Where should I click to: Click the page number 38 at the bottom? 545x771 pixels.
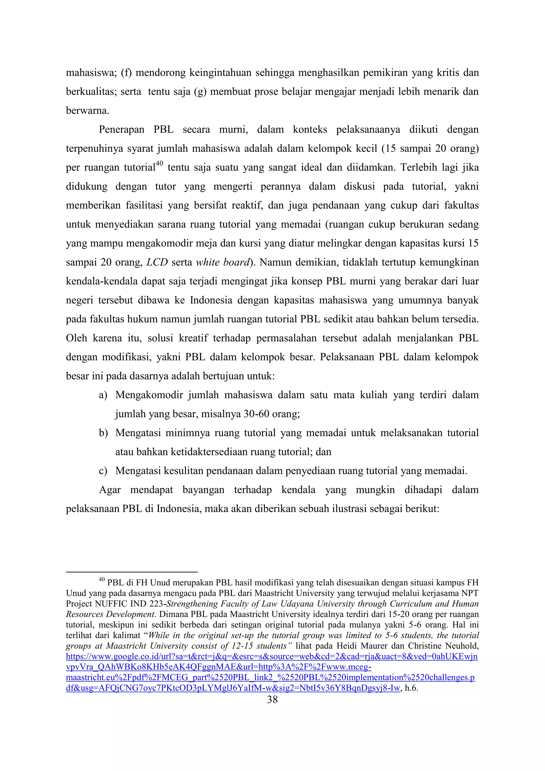(x=272, y=699)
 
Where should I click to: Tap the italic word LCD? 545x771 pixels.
(x=157, y=262)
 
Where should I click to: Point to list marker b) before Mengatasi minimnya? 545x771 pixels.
(x=103, y=433)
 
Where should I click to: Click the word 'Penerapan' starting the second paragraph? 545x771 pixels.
(x=122, y=130)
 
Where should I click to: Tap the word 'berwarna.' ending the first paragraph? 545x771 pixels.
(x=88, y=111)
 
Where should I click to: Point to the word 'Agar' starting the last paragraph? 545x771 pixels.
(x=110, y=490)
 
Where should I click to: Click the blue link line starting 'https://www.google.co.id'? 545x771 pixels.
(x=271, y=657)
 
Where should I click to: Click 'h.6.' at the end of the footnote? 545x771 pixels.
(x=411, y=688)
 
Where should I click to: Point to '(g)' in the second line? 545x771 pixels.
(x=200, y=92)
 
